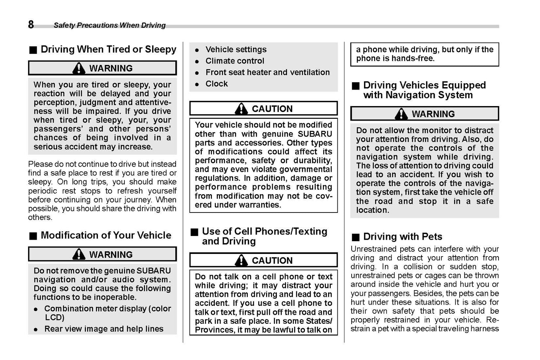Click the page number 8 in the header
[x=31, y=25]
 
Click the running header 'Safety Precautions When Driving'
[x=109, y=25]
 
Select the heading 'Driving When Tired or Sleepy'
[x=108, y=49]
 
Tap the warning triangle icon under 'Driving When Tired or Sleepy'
[x=79, y=68]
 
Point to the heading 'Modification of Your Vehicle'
[x=106, y=235]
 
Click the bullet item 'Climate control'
[x=235, y=61]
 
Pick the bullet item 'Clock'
[x=216, y=84]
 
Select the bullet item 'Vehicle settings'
[x=236, y=49]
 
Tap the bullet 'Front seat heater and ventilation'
[x=268, y=72]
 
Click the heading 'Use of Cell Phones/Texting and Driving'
[x=264, y=236]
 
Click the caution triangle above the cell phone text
[x=241, y=260]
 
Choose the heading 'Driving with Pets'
[x=402, y=237]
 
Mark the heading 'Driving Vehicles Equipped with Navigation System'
[x=424, y=90]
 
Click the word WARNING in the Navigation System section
[x=433, y=114]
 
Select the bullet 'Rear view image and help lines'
[x=104, y=329]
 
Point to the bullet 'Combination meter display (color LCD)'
[x=107, y=313]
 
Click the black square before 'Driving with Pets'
[x=355, y=237]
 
